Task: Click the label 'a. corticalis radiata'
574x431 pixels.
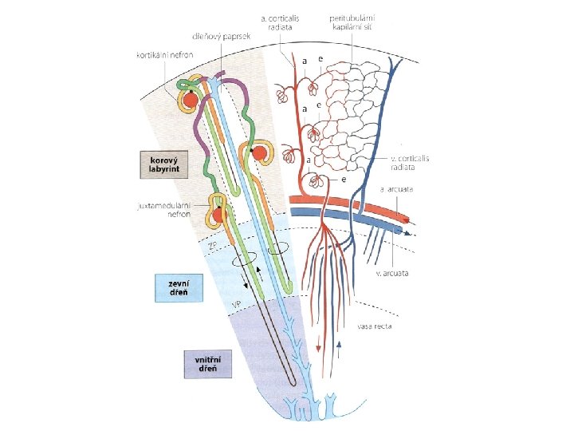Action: [277, 22]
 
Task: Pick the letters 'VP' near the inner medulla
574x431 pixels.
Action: [236, 305]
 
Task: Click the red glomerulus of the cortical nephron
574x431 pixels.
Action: [191, 101]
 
